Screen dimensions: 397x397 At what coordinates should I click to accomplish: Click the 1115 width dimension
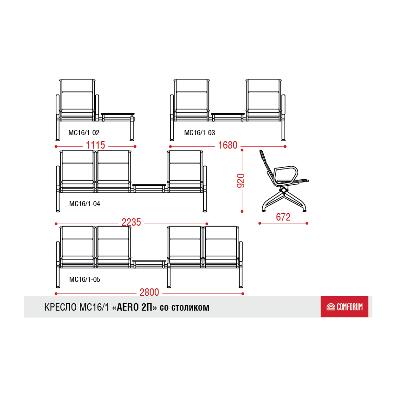(96, 145)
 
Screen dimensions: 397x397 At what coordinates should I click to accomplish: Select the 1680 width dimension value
(228, 145)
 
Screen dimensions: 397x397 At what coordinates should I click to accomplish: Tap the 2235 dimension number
(131, 222)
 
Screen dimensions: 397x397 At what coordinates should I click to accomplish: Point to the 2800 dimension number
(150, 292)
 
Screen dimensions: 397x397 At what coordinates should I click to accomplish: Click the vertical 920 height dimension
(241, 181)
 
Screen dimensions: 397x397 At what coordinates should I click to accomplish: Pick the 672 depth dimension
(283, 217)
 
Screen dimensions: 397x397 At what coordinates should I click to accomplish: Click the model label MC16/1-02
(84, 133)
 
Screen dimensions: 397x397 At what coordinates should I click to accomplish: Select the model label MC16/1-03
(200, 133)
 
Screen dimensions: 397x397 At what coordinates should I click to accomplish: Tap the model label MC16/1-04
(85, 204)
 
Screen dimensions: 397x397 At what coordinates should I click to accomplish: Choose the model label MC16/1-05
(85, 280)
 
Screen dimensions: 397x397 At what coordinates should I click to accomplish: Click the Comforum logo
(345, 306)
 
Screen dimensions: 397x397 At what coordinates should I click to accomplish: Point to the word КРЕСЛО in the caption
(60, 307)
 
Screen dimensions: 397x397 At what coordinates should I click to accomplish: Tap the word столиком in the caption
(190, 307)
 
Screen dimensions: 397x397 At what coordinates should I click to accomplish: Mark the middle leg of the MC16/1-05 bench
(169, 278)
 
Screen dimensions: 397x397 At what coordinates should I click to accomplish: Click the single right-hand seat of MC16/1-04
(185, 171)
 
